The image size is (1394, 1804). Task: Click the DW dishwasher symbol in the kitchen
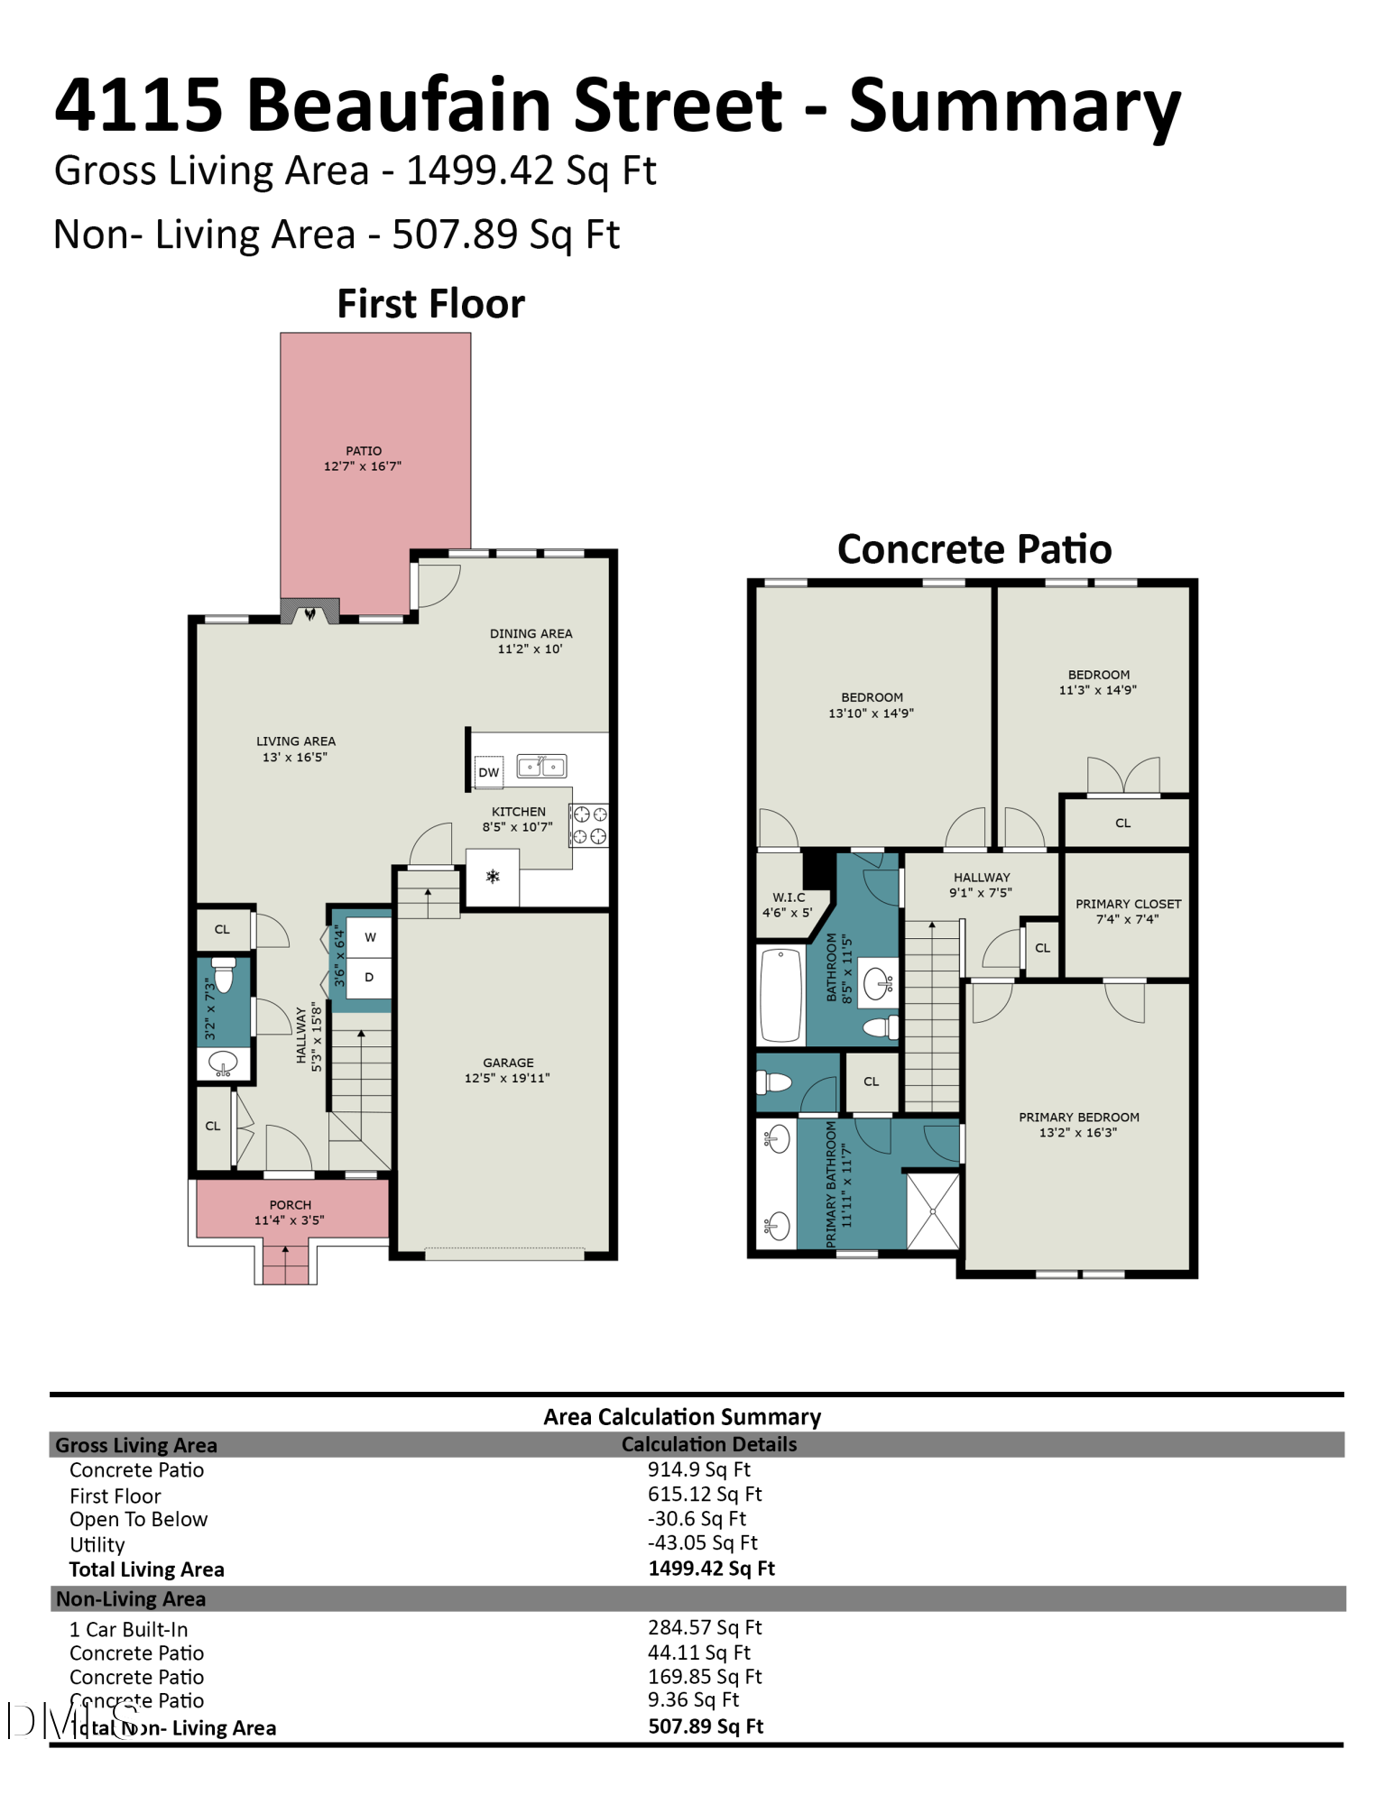(489, 772)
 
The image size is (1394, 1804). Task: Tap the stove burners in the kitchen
(589, 825)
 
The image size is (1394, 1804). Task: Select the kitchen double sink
(541, 767)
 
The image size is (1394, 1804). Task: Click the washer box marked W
(370, 938)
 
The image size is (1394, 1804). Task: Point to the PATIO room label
(364, 451)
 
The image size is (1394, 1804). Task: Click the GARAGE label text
(508, 1063)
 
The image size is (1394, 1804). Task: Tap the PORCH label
(290, 1205)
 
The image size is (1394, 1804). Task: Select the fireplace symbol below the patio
(310, 612)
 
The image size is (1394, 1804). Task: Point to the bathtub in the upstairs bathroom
(780, 995)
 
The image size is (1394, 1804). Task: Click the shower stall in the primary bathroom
(933, 1210)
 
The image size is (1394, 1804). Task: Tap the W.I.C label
(789, 897)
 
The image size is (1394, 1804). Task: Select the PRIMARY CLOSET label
(1128, 904)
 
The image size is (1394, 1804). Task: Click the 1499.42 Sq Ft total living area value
(711, 1569)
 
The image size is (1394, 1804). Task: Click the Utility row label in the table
(97, 1545)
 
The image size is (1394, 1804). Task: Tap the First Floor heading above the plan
(430, 304)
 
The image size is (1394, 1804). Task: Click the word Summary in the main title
(1015, 106)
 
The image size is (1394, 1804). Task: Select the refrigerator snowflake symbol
(493, 876)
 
